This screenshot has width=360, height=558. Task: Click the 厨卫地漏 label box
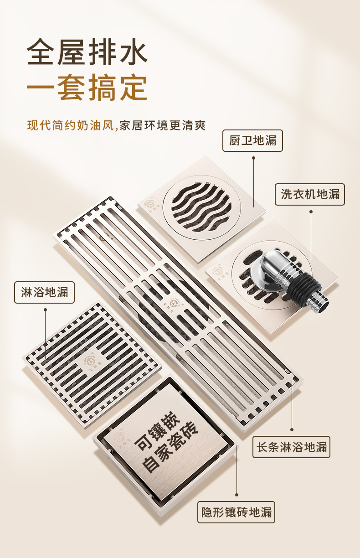click(252, 140)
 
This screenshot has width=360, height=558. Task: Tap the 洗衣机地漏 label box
click(310, 194)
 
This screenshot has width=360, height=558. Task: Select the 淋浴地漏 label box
click(44, 292)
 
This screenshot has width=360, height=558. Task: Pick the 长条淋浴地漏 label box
click(291, 447)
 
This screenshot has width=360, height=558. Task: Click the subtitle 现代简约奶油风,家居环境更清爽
click(117, 125)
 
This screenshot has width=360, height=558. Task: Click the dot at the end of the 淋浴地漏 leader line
click(45, 310)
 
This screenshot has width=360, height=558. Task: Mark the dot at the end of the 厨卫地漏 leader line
click(253, 158)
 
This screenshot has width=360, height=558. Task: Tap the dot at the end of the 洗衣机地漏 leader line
click(311, 212)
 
